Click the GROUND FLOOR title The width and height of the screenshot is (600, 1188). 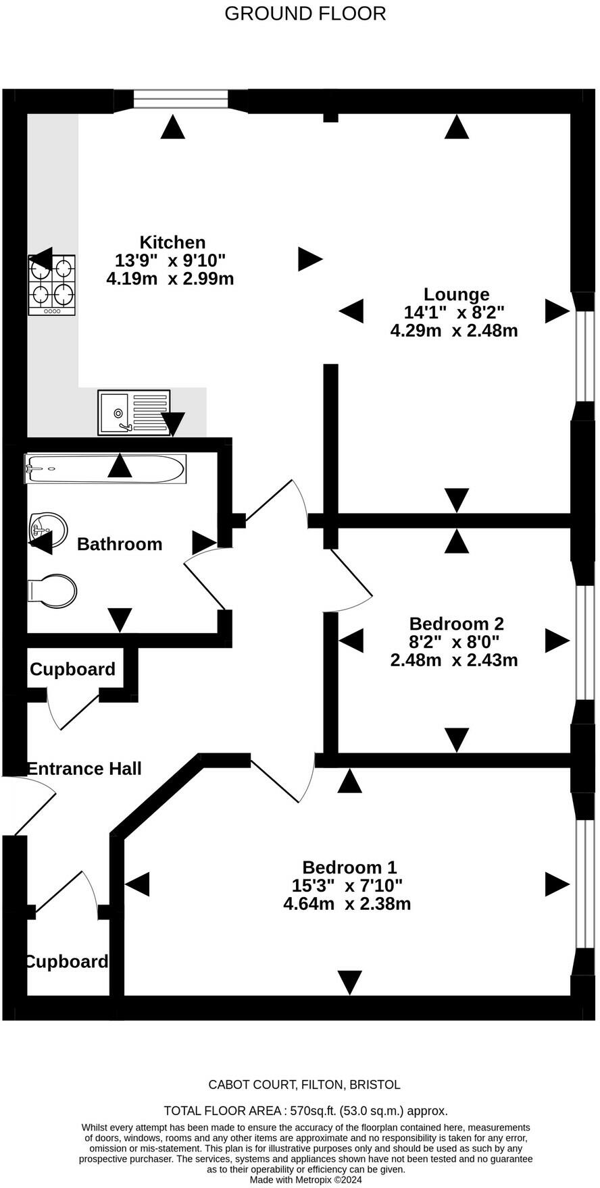click(x=305, y=13)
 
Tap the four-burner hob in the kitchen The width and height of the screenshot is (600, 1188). click(x=52, y=284)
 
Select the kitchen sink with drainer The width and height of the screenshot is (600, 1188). click(x=134, y=412)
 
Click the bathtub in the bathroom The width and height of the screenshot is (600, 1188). click(x=105, y=468)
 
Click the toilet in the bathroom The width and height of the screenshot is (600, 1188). click(x=52, y=591)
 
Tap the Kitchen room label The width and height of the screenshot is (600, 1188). click(x=172, y=242)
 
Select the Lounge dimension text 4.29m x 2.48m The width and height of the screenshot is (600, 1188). click(x=454, y=331)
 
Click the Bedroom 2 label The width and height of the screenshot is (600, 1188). click(x=457, y=624)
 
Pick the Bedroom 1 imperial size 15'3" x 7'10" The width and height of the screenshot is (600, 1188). click(x=347, y=885)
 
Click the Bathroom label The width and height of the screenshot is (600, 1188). click(x=120, y=544)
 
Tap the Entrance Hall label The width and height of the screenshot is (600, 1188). click(x=84, y=769)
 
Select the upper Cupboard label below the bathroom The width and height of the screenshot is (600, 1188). click(x=72, y=670)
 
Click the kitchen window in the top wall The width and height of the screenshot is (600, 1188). click(x=181, y=101)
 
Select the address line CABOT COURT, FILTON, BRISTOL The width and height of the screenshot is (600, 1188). click(x=304, y=1085)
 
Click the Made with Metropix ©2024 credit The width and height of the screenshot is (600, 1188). click(x=306, y=1180)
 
